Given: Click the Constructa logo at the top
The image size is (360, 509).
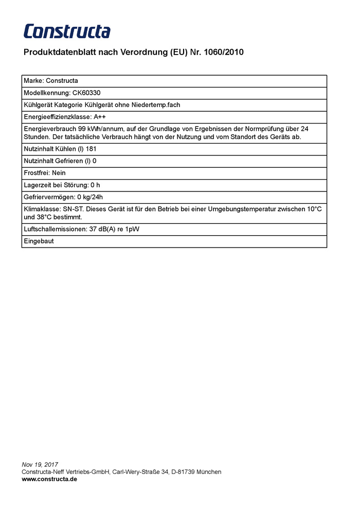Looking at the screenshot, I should click(67, 31).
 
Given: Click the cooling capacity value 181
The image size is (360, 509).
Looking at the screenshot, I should click(91, 149).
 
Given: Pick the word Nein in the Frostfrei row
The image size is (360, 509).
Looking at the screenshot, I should click(59, 173).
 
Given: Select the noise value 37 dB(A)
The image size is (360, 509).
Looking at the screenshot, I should click(100, 229).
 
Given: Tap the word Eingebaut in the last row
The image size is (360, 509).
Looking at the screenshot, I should click(39, 241).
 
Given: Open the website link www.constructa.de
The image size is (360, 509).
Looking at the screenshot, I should click(49, 479).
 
